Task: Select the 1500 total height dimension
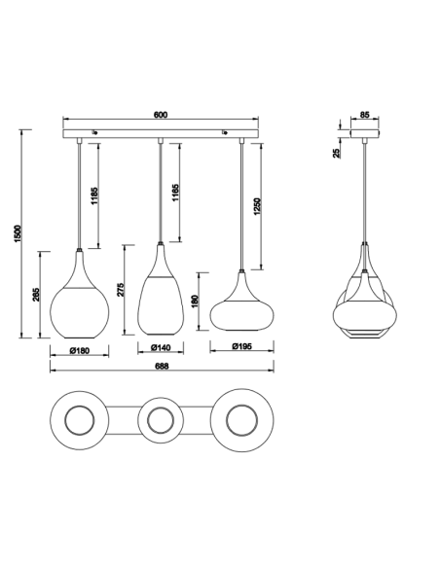[18, 233]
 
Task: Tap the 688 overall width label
[162, 367]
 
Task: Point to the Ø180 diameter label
[80, 349]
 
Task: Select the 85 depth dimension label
[364, 115]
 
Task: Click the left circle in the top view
[79, 420]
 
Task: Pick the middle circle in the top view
[161, 420]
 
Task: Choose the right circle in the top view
[242, 420]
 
